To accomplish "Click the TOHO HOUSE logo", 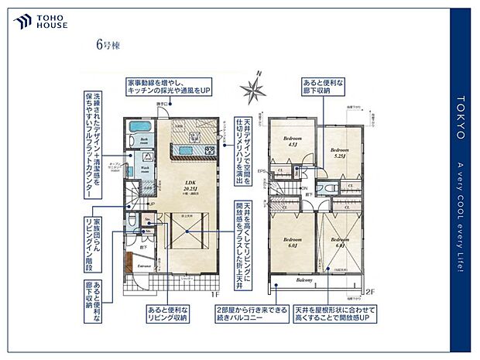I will pos(40,21).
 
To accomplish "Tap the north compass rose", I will pos(252,88).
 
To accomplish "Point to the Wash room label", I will pos(145,168).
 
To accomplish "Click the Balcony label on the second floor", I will pos(303,279).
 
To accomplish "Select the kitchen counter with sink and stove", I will pos(189,152).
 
